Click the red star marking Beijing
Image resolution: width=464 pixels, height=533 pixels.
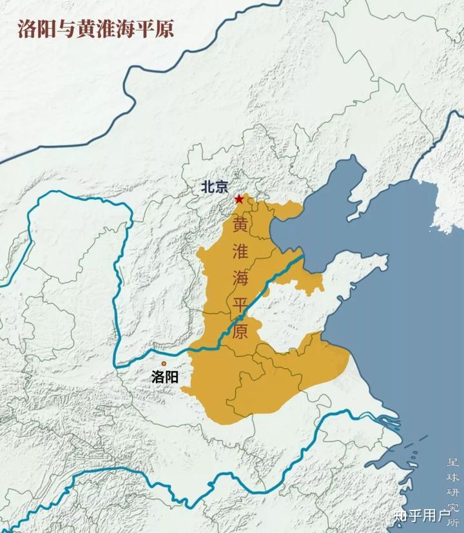coord(239,199)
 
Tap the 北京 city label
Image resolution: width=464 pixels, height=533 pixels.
coord(215,187)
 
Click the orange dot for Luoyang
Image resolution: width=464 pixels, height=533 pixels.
coord(164,363)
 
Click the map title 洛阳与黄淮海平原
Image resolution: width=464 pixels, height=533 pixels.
coord(96,29)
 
